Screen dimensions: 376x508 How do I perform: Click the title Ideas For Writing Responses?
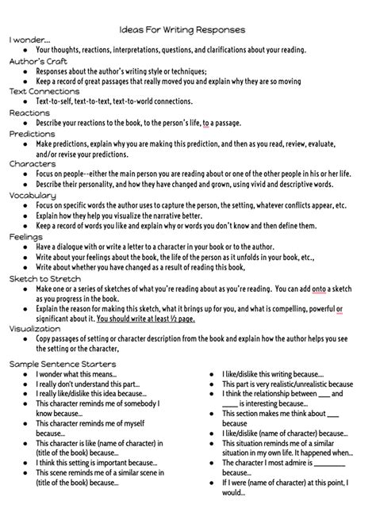coord(187,29)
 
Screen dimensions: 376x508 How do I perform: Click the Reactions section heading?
coord(29,113)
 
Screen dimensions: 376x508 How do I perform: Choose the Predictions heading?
coord(33,134)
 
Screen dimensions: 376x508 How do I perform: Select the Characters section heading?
coord(33,163)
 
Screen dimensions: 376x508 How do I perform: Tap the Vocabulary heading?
coord(33,194)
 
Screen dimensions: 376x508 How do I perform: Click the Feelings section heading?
coord(26,235)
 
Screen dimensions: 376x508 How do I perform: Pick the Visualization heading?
coord(34,327)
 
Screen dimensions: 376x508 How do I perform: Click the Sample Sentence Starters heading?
coord(63,364)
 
